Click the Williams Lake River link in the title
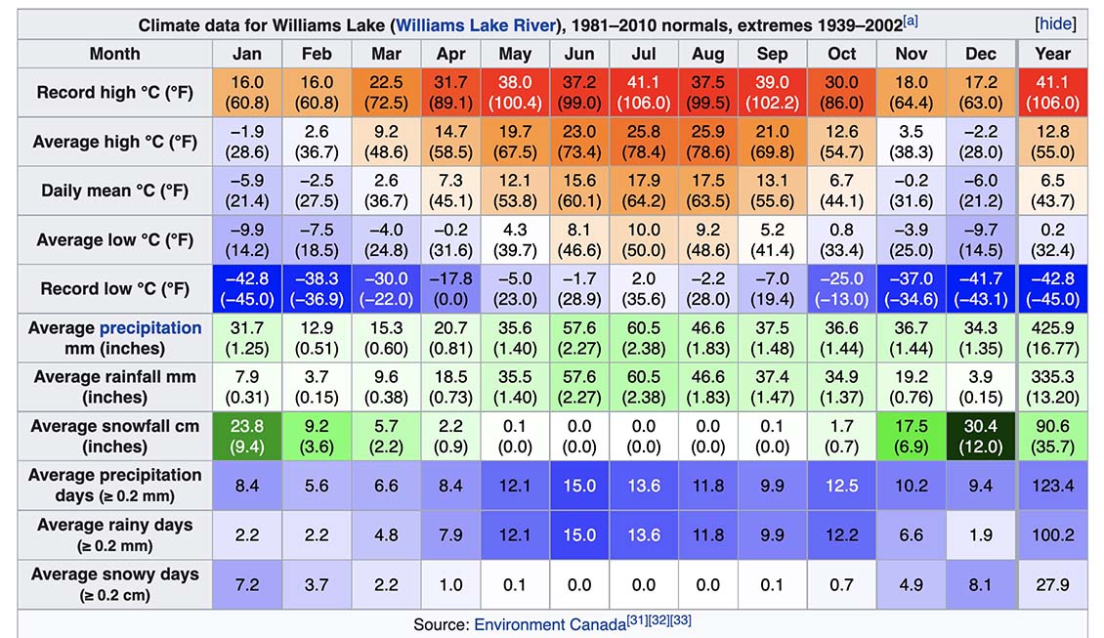476,24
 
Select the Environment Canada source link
549,624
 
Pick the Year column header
1052,54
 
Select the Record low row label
114,289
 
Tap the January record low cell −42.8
247,289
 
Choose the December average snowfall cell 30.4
980,437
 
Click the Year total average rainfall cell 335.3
1052,387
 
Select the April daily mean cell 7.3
450,191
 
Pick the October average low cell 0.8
841,240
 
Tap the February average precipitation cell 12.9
317,338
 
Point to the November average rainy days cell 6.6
911,535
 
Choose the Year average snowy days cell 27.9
1052,584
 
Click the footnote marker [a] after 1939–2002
912,21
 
